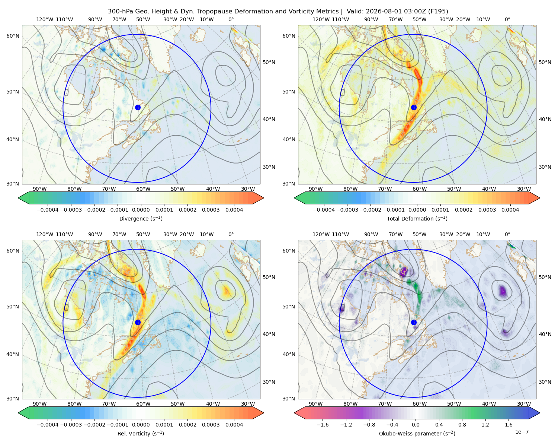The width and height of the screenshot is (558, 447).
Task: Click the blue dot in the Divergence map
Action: tap(138, 107)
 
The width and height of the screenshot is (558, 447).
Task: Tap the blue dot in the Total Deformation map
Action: tap(414, 107)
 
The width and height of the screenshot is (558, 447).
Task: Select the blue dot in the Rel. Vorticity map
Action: tap(138, 322)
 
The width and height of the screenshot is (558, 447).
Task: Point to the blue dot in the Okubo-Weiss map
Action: tap(414, 322)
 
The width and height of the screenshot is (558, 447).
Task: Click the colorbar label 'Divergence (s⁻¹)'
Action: tap(141, 218)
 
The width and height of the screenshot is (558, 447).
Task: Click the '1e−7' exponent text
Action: tap(522, 432)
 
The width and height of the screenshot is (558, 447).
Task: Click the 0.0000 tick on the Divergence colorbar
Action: tap(141, 210)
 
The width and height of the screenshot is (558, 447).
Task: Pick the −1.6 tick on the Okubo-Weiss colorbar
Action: tap(323, 425)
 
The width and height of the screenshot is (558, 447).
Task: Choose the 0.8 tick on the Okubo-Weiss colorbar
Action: tap(462, 425)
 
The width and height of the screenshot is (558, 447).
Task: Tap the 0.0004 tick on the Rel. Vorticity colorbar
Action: tap(234, 425)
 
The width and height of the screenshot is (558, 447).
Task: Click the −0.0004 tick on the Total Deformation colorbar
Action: tap(324, 210)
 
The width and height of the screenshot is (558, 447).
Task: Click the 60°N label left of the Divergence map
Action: tap(13, 36)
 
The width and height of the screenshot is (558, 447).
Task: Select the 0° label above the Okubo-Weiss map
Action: tap(507, 234)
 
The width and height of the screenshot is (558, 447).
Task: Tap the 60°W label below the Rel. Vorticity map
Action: tap(143, 404)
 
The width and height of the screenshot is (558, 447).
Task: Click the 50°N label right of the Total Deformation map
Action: tap(545, 62)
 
